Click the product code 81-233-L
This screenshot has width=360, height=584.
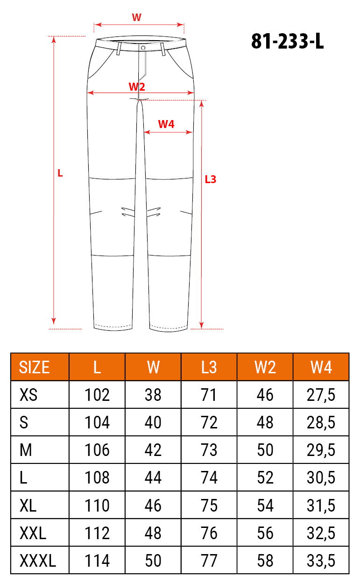click(x=287, y=41)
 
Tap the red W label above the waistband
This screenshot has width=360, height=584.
click(x=136, y=17)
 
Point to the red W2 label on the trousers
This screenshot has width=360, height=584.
click(x=137, y=86)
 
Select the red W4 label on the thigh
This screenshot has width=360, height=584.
click(x=166, y=124)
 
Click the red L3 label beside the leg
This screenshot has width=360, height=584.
click(x=211, y=179)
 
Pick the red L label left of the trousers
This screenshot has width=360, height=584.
click(x=60, y=173)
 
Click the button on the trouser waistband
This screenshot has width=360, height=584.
click(x=143, y=48)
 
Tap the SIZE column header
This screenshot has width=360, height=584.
click(x=34, y=367)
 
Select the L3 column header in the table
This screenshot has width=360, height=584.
click(x=209, y=367)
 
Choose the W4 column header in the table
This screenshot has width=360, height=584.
click(x=321, y=367)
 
